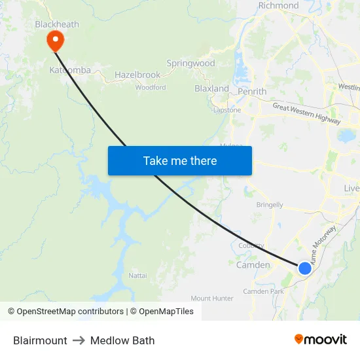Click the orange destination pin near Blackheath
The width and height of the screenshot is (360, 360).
(55, 40)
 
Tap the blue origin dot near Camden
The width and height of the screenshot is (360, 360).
(305, 268)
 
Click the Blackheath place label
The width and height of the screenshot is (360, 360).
(57, 24)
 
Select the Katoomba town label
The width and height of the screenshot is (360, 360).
(70, 70)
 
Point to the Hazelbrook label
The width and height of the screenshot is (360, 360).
(137, 75)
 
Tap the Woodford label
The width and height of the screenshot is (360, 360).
(151, 87)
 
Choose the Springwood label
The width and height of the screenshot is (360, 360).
(190, 63)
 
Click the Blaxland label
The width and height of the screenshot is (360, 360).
(211, 88)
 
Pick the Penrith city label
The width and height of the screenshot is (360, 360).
(252, 92)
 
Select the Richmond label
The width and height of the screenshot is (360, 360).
(278, 6)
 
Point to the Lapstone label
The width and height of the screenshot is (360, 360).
(227, 110)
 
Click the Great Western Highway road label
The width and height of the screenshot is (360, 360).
(306, 113)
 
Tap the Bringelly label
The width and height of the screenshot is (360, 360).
(270, 205)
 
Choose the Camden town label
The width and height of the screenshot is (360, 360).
(253, 265)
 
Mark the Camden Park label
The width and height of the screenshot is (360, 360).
(263, 291)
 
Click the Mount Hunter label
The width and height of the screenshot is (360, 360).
(212, 298)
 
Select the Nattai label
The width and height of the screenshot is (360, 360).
(137, 276)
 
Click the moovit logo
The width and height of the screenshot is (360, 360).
(320, 340)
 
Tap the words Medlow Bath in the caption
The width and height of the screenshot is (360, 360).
(122, 340)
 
